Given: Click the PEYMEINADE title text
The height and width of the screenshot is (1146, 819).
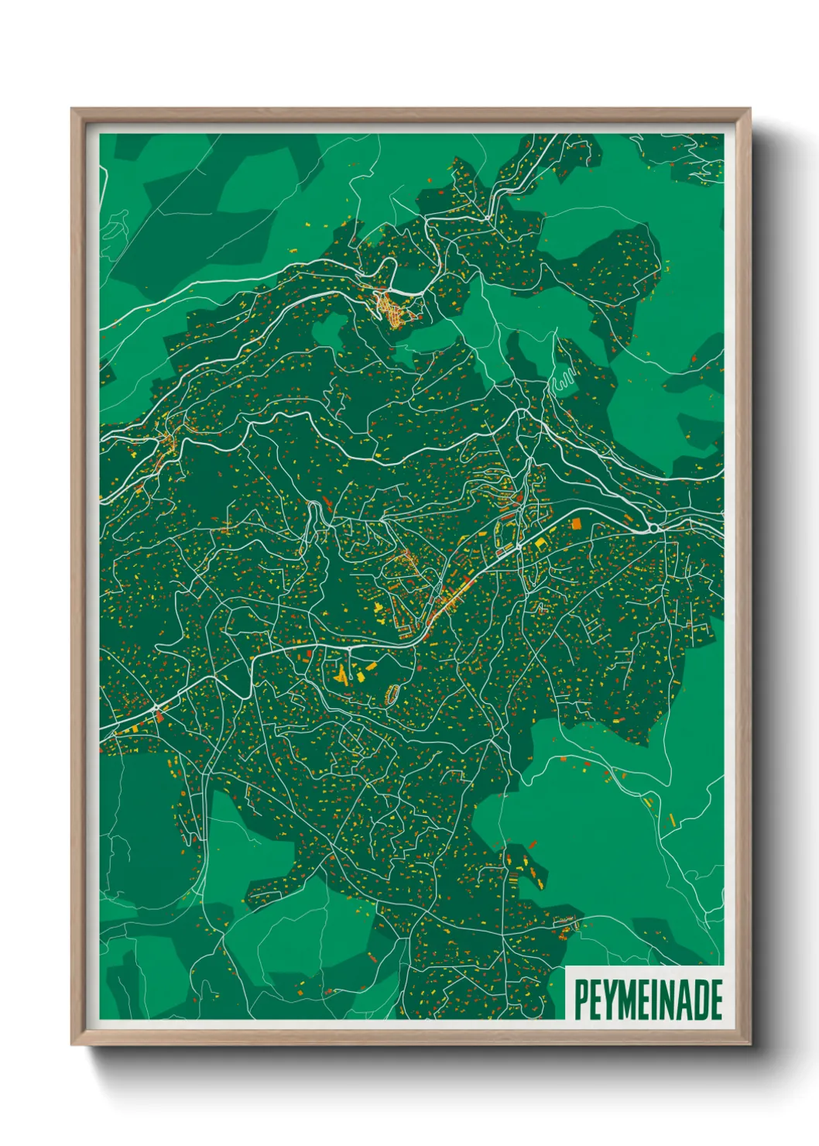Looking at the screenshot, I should [x=648, y=1000].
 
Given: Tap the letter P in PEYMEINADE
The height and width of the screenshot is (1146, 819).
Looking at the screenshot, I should [x=581, y=1000].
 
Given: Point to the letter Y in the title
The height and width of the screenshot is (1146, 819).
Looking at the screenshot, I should [x=611, y=1000].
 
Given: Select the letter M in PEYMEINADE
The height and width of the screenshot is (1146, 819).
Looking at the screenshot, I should [x=629, y=1000].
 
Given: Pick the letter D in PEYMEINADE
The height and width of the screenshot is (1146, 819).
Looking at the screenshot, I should [x=699, y=1000].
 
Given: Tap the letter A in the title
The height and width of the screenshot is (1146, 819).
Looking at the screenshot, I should [x=683, y=1000].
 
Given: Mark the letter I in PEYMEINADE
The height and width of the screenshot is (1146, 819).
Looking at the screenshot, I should [x=653, y=1000].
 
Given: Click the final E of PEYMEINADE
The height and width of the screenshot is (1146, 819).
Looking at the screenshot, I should [x=715, y=1000].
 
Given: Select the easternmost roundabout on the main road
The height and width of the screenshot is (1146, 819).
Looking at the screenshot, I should [x=654, y=528].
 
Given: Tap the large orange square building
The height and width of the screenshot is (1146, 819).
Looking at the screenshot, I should [x=576, y=524].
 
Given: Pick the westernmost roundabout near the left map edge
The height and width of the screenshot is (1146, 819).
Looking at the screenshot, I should [x=156, y=708].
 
